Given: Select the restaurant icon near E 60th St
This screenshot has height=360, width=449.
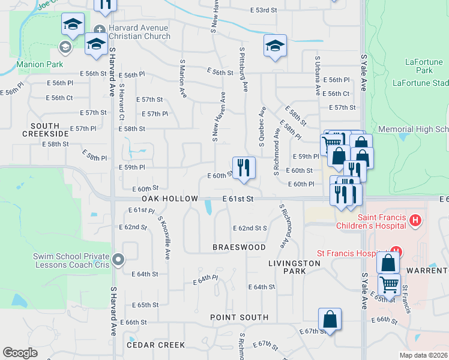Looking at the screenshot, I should (244, 167).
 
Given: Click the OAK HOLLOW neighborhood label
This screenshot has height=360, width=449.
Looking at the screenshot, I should (170, 199).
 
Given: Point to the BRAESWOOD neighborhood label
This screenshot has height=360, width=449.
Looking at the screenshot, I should (239, 247).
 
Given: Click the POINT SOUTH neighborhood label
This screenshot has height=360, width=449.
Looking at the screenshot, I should (239, 317).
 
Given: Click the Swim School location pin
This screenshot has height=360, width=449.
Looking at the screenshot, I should (118, 260).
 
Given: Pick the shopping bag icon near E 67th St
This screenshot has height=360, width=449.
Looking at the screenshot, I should (330, 320).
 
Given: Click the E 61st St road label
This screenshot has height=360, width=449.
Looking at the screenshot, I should (238, 199).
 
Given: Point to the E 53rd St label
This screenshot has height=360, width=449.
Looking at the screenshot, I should (264, 10).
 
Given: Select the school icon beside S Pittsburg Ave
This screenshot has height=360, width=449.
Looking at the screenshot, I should (275, 46).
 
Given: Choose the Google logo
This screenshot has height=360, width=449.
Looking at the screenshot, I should (20, 353).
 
